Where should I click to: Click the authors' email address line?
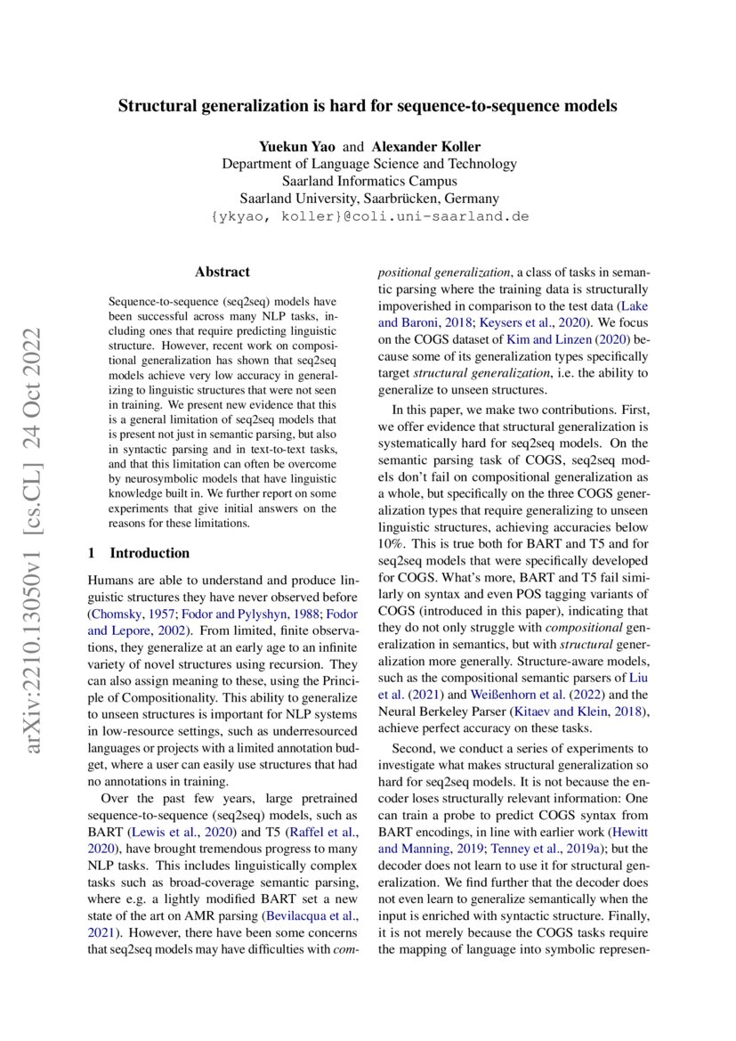click(368, 216)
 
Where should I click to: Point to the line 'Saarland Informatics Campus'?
click(368, 181)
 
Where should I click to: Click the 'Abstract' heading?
click(222, 272)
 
